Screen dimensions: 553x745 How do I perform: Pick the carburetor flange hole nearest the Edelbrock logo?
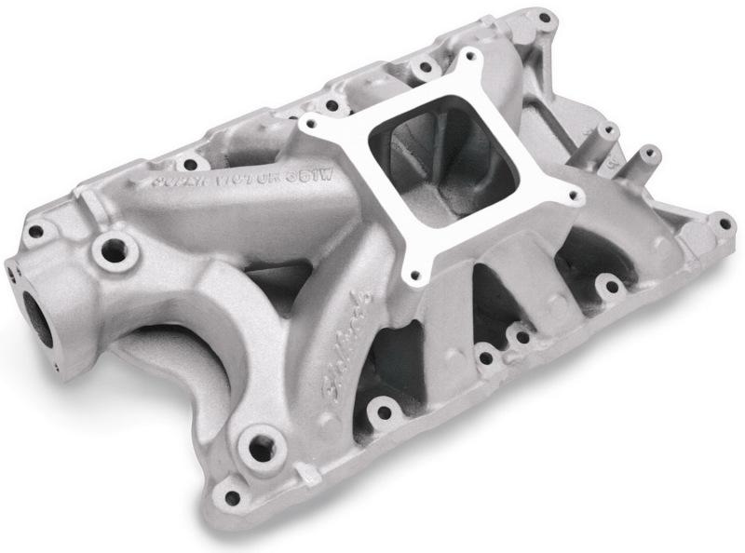point(416,276)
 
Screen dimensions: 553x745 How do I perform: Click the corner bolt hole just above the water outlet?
point(36,230)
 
